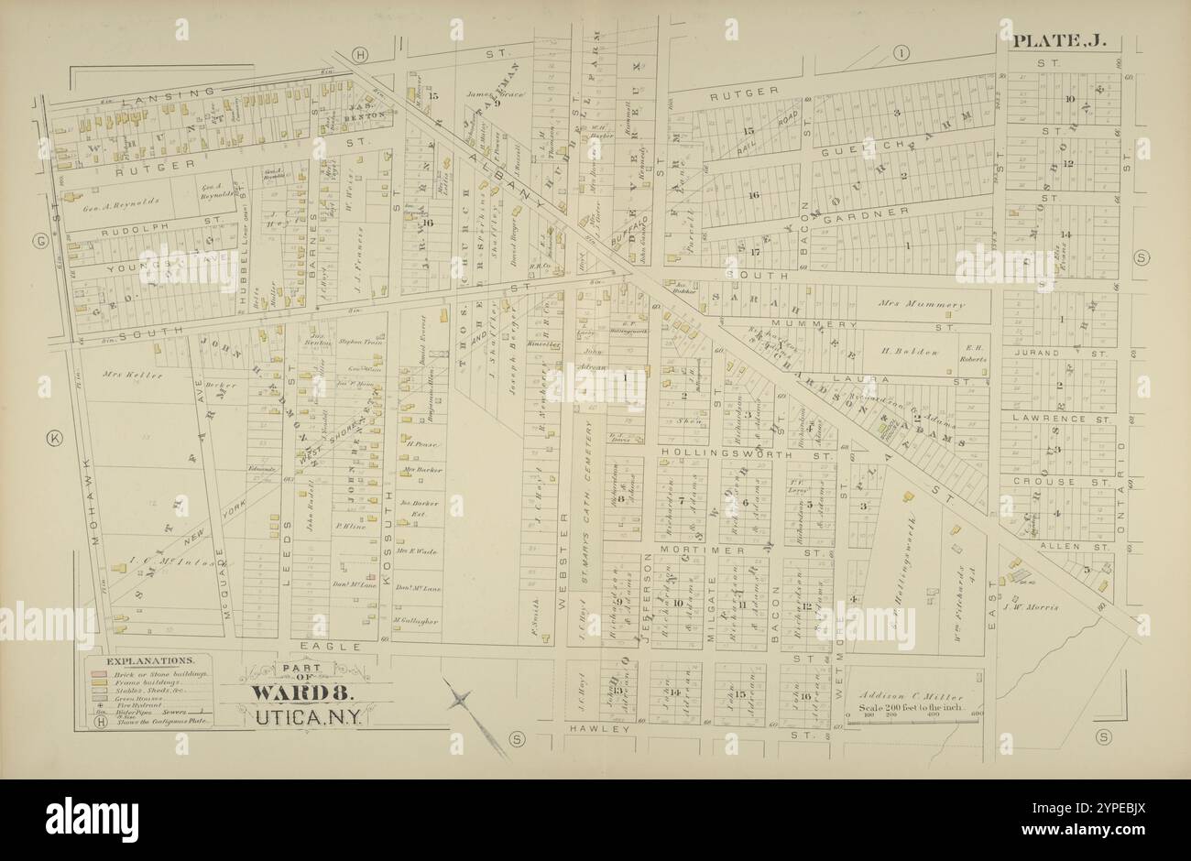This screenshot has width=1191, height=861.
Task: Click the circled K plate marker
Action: point(54,439)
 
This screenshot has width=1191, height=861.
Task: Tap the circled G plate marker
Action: point(39,242)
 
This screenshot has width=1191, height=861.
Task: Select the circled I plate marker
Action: point(902,54)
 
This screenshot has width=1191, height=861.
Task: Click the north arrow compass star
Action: point(464,702)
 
